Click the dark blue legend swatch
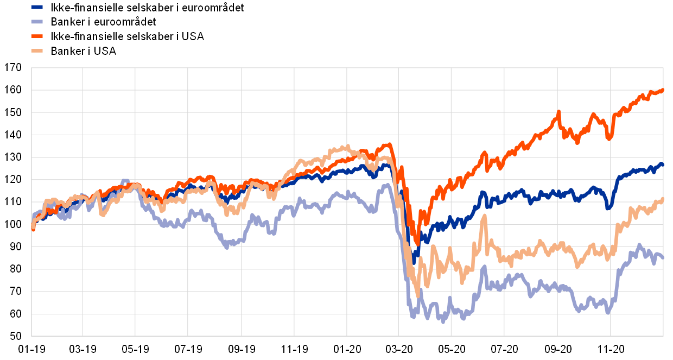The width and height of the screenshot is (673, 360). [x=37, y=7]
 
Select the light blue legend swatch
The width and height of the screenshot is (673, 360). [x=37, y=22]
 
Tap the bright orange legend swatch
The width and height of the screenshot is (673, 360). [x=37, y=36]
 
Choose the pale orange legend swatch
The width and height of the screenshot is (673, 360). [x=37, y=50]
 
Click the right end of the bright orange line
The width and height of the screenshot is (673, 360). [x=663, y=90]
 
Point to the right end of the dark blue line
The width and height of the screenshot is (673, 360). [x=663, y=163]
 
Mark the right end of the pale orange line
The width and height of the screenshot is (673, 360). [x=663, y=199]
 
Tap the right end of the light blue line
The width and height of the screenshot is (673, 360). [x=663, y=258]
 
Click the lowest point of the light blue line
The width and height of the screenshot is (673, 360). [x=443, y=321]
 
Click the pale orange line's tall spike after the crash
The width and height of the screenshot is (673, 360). [x=484, y=216]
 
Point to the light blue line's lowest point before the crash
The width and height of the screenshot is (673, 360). [x=227, y=247]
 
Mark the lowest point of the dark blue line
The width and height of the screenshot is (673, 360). [x=414, y=263]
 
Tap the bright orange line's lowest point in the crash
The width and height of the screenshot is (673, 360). [x=417, y=243]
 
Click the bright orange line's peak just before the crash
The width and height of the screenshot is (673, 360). [x=389, y=144]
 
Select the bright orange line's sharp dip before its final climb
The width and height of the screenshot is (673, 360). [x=609, y=138]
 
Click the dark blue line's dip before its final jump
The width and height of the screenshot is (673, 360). [x=608, y=208]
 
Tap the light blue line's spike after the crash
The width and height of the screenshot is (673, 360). [x=484, y=267]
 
